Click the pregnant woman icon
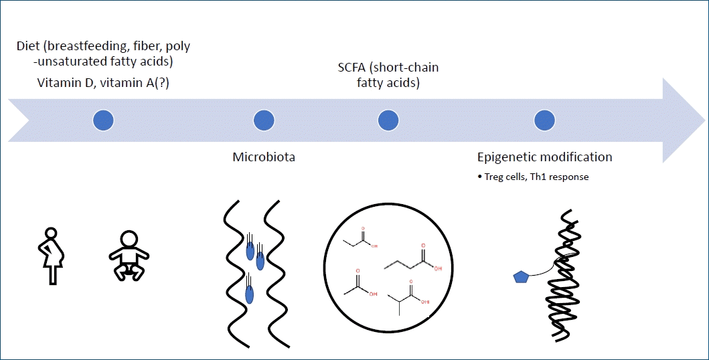[51, 255]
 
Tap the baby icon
[129, 255]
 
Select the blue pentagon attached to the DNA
[521, 276]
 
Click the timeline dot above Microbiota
[264, 120]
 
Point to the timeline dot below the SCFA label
[388, 120]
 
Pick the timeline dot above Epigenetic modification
[544, 120]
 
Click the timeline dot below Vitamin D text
[103, 120]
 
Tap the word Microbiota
[264, 157]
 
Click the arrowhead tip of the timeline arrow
[704, 120]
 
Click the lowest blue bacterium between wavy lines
[249, 294]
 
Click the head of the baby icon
[129, 240]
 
